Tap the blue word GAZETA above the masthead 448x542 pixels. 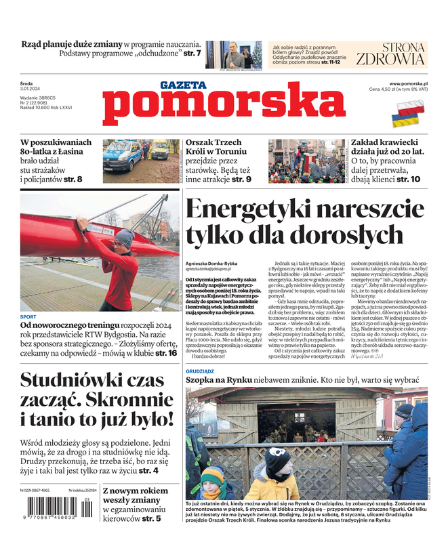(182, 85)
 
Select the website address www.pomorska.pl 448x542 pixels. (412, 83)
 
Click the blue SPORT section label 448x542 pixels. (28, 316)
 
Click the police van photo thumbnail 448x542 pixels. (131, 157)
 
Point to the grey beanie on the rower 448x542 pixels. (124, 238)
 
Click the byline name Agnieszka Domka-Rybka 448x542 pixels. (213, 262)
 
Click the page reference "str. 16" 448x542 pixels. (166, 353)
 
